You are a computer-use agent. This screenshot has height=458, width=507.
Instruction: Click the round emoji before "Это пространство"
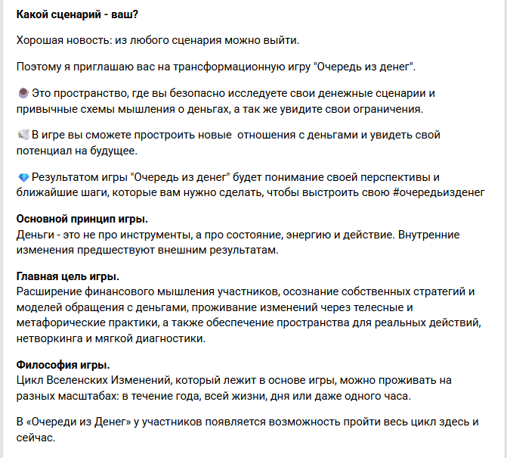(22, 93)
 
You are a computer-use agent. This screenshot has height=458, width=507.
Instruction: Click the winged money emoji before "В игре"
(23, 135)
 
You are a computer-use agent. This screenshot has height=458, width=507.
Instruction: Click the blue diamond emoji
(22, 177)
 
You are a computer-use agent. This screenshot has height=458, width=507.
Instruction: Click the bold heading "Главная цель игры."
(67, 276)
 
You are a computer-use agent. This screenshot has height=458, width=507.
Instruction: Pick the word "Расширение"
(47, 291)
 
